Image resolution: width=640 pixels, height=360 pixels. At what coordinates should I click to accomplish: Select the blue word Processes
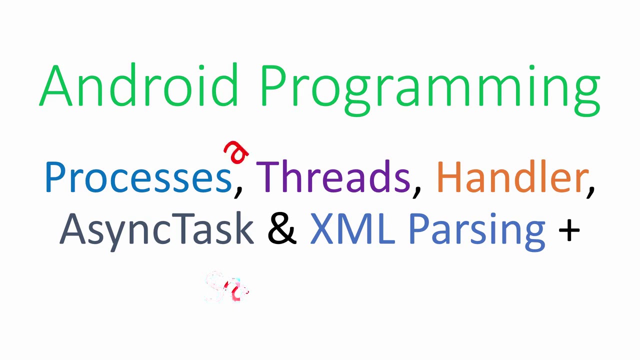tap(138, 177)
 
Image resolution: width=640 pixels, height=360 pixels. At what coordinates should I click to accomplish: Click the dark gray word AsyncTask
tap(156, 229)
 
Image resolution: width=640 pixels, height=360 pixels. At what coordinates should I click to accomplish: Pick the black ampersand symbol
tap(282, 229)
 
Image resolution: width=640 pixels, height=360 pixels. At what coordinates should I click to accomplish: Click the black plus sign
tap(569, 231)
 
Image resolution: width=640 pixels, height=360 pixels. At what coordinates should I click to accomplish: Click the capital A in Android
tap(55, 85)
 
